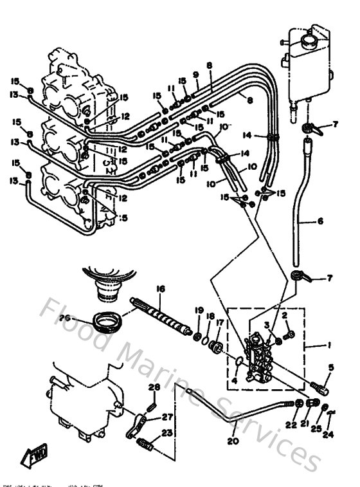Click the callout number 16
[161, 289]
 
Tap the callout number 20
[232, 442]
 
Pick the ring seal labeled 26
[104, 320]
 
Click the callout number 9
[195, 75]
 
